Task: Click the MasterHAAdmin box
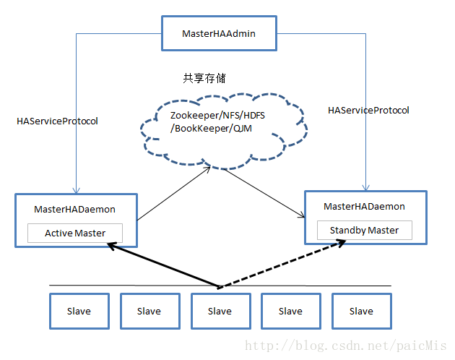(x=218, y=33)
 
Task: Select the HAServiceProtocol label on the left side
(x=57, y=121)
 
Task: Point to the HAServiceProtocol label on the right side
(x=368, y=111)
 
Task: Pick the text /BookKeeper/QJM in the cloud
(x=206, y=129)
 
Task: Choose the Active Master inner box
(x=75, y=233)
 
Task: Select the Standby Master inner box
(x=364, y=231)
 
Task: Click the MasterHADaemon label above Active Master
(x=74, y=210)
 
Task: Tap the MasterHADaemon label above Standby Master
(x=364, y=207)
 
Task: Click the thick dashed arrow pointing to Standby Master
(x=282, y=265)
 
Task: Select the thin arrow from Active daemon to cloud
(x=173, y=192)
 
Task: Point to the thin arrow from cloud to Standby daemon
(x=257, y=192)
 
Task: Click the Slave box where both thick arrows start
(x=220, y=311)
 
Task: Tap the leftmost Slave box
(x=79, y=311)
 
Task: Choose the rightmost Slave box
(x=361, y=311)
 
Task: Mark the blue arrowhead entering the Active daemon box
(x=74, y=190)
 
